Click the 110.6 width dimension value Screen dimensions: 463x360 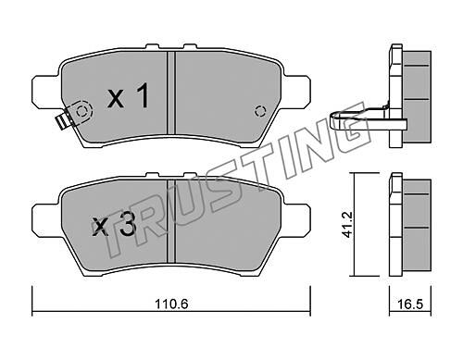coord(171,304)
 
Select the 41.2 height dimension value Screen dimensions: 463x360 coord(347,224)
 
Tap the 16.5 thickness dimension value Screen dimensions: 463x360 coord(410,304)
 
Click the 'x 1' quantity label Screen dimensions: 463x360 coord(129,96)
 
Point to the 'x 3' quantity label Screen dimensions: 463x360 coord(115,224)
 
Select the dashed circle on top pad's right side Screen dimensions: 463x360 coord(260,111)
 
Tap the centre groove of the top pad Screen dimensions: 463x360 coord(171,93)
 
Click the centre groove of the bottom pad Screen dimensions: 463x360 coord(171,221)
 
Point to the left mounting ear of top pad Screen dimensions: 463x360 coord(45,92)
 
